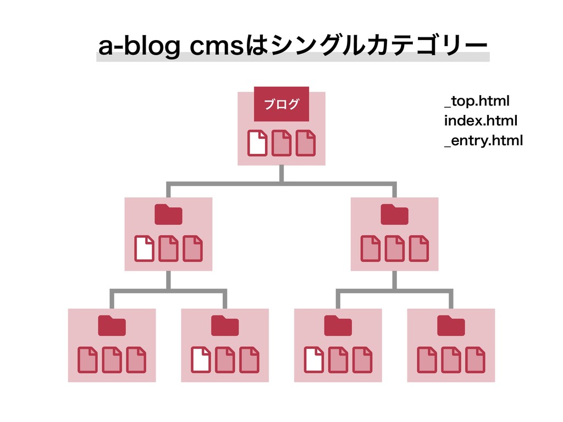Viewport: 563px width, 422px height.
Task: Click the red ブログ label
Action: click(281, 104)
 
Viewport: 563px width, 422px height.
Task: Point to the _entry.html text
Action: click(483, 141)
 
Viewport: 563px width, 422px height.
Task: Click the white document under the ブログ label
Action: click(257, 143)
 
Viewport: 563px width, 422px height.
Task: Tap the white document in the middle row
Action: click(144, 248)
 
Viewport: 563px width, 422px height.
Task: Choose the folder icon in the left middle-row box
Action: click(168, 214)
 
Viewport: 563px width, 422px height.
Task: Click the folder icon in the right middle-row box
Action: click(395, 214)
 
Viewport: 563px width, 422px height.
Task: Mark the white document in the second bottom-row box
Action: click(201, 359)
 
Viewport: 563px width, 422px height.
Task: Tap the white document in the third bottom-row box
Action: click(314, 359)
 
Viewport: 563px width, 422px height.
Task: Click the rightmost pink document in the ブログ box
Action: click(305, 143)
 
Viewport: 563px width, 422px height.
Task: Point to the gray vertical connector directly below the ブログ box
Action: click(281, 173)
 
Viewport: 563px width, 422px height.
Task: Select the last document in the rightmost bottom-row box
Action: click(476, 359)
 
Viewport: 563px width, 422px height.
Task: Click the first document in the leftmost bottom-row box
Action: click(87, 359)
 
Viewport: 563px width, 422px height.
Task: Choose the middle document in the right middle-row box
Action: click(395, 248)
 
